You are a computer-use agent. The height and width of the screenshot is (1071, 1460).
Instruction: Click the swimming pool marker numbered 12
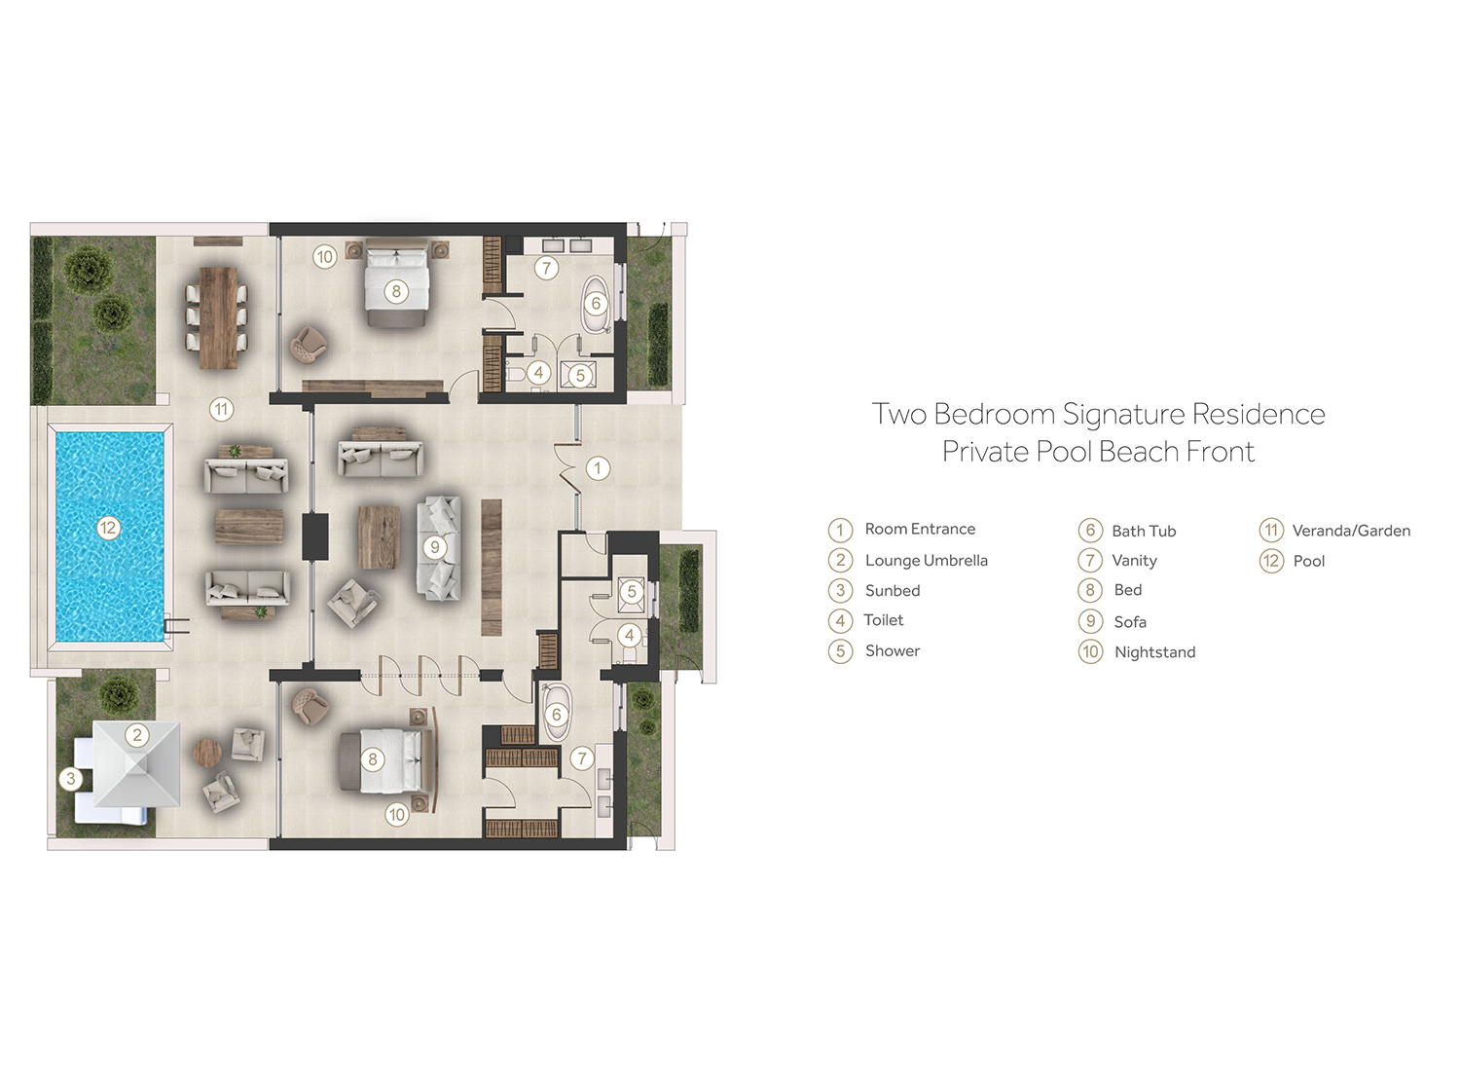tap(108, 528)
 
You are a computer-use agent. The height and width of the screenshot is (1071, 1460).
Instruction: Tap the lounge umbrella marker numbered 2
tap(137, 735)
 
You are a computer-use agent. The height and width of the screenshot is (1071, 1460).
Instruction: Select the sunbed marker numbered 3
tap(71, 778)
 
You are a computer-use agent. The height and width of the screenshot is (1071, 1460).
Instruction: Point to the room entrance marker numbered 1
tap(598, 468)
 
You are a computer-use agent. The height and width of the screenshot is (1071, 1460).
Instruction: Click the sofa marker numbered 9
tap(435, 547)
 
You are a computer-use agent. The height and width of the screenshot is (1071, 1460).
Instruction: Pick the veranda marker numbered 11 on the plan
tap(222, 409)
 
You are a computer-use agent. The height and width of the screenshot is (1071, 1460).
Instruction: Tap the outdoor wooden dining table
tap(218, 317)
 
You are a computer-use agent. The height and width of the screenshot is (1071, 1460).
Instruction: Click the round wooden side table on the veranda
tap(207, 753)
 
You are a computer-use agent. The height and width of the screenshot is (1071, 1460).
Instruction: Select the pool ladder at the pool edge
tap(176, 626)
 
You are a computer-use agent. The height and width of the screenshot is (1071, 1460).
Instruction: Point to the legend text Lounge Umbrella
tap(927, 561)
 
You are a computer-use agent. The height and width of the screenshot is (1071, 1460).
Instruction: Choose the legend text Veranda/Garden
tap(1351, 531)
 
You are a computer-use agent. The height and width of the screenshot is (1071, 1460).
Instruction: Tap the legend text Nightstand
tap(1155, 652)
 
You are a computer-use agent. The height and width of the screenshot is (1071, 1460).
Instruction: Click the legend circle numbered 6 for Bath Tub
tap(1090, 530)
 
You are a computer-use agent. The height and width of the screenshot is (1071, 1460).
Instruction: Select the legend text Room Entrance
tap(920, 529)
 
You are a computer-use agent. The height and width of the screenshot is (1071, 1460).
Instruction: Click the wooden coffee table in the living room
tap(379, 537)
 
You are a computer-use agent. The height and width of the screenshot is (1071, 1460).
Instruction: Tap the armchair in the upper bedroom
tap(309, 344)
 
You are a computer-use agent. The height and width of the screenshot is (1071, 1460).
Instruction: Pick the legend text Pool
tap(1309, 561)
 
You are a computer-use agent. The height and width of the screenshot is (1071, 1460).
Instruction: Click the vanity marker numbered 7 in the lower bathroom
tap(582, 758)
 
